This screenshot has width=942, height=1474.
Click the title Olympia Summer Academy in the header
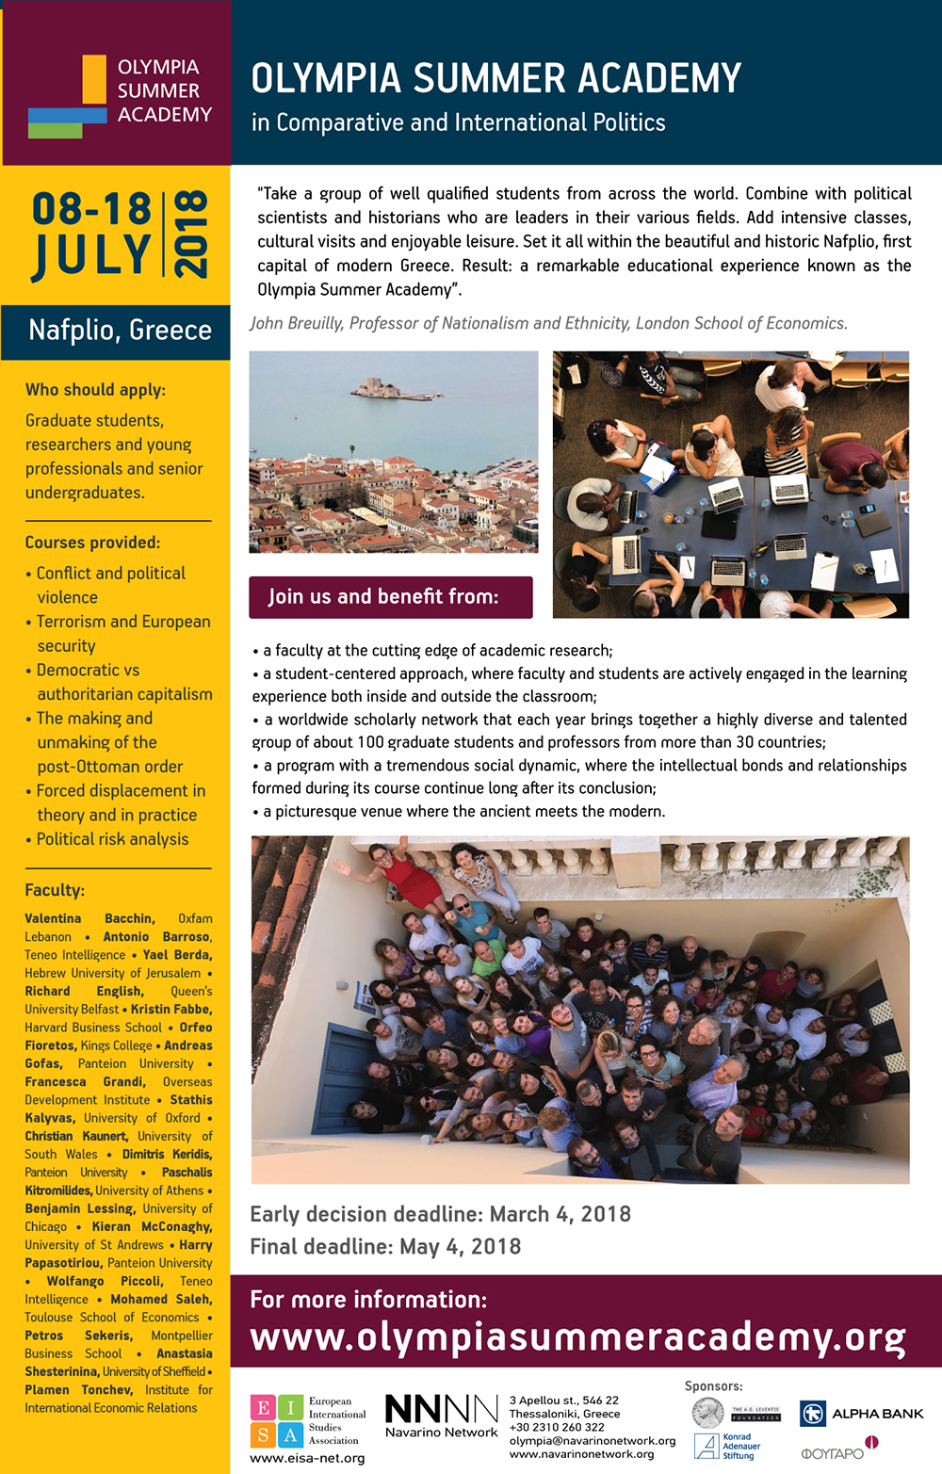[x=495, y=79]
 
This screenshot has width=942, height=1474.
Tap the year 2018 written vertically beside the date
[x=191, y=234]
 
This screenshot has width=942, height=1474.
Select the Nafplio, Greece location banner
[x=120, y=331]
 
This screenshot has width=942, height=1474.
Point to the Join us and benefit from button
[x=390, y=597]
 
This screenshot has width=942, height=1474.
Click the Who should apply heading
[x=95, y=390]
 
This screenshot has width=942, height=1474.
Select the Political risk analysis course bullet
[x=112, y=839]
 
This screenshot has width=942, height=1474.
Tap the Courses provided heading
[x=92, y=543]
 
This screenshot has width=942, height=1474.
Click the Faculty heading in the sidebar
[x=55, y=890]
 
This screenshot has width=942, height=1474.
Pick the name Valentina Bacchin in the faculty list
[x=89, y=918]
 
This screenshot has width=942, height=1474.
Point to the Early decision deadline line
[x=440, y=1214]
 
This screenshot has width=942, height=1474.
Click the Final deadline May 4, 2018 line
[x=385, y=1247]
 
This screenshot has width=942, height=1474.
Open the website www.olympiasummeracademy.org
[x=577, y=1337]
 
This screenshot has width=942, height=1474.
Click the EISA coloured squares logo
[x=277, y=1421]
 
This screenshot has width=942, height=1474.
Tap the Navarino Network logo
[x=441, y=1416]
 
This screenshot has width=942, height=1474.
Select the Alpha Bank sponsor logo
[x=861, y=1414]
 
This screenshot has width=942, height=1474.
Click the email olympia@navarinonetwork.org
[x=593, y=1441]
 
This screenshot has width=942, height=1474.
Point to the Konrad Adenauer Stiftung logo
[x=725, y=1448]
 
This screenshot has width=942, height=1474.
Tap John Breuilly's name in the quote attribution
[x=295, y=324]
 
